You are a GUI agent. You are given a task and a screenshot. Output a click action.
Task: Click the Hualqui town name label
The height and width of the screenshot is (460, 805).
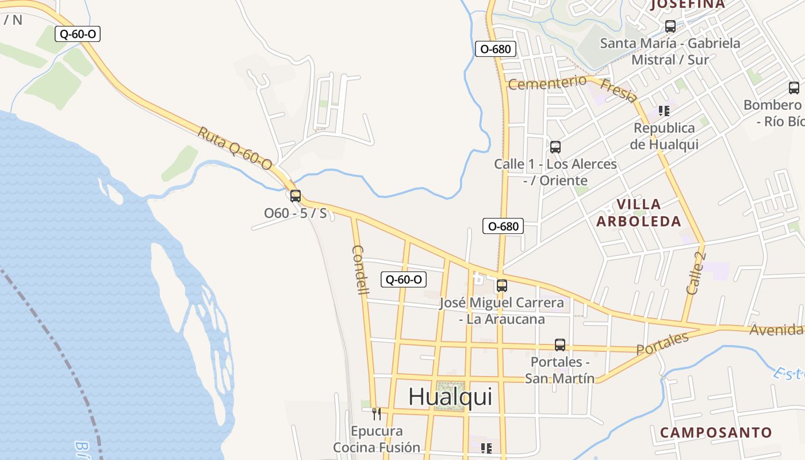(450, 397)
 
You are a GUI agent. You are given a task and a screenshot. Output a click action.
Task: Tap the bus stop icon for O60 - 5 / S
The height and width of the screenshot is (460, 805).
(296, 195)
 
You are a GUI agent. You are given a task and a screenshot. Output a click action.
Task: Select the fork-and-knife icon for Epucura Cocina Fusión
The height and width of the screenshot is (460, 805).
(377, 413)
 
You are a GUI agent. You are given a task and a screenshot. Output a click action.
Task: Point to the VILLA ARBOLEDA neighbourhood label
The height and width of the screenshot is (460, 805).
(639, 212)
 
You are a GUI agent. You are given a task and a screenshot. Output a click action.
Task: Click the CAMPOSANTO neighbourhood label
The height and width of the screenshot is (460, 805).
(716, 432)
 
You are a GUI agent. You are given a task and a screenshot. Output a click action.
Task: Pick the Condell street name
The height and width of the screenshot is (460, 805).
(360, 270)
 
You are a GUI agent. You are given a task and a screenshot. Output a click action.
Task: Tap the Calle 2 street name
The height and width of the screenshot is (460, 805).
(696, 273)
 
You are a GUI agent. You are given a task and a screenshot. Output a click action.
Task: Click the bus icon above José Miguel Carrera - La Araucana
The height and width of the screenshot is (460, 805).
(502, 285)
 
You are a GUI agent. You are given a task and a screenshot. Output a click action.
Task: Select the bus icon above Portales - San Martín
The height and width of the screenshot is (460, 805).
(560, 345)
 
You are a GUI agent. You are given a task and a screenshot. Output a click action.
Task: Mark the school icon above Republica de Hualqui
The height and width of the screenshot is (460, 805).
(664, 110)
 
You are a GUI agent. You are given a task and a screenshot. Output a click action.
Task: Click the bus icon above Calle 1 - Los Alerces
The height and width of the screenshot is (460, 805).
(555, 147)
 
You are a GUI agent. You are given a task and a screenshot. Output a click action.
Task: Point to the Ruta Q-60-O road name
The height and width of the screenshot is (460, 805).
(235, 148)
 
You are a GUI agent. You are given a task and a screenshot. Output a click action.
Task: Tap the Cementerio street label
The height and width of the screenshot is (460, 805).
(547, 83)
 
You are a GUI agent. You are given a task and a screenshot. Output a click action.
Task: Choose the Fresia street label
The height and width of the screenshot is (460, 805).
(618, 90)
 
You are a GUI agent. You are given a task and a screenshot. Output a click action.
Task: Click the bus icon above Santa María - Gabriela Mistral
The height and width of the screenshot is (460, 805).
(670, 26)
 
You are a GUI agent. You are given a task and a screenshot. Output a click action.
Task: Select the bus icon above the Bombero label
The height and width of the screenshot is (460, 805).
(794, 88)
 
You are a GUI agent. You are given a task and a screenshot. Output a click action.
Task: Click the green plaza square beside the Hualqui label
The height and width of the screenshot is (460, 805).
(450, 396)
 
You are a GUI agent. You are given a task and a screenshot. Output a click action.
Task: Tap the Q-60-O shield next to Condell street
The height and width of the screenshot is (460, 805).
(404, 280)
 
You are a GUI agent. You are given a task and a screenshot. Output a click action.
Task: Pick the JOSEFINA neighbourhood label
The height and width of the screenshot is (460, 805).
(687, 5)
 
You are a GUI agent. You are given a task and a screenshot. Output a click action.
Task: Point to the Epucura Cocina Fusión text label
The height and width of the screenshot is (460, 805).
(377, 439)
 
